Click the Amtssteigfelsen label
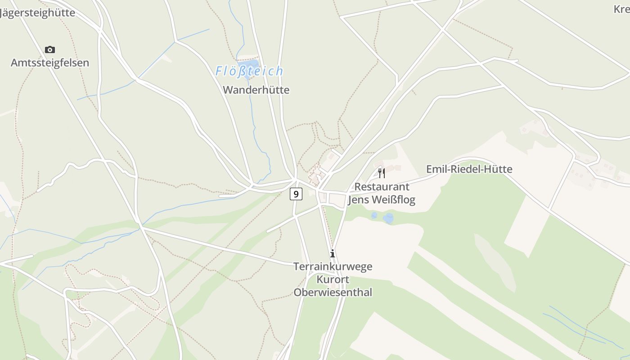50,63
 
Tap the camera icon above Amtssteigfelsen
50,49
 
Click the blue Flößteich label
249,71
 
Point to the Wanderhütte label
256,90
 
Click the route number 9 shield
296,194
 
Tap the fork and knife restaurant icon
382,173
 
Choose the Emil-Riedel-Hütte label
469,169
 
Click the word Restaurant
382,187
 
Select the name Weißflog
393,199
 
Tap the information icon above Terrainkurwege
333,253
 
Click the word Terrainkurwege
333,266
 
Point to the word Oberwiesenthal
333,292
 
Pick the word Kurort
333,279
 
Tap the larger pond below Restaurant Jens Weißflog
388,219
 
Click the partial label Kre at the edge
622,9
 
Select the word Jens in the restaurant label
359,199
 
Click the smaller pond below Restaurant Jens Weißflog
374,216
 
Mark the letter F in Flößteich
219,71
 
